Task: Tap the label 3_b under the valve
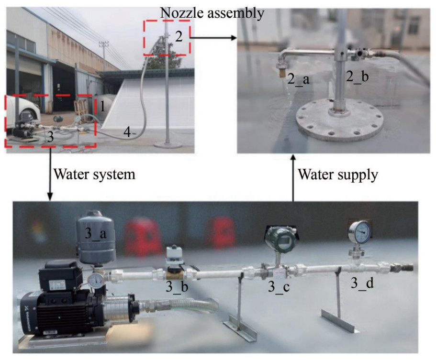[x=177, y=287]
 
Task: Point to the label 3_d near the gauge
[x=362, y=283]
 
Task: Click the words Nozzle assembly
[x=212, y=13]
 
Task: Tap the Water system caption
[x=94, y=175]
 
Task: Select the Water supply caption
[x=338, y=175]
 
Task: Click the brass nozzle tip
[x=282, y=75]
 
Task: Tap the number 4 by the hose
[x=127, y=132]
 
